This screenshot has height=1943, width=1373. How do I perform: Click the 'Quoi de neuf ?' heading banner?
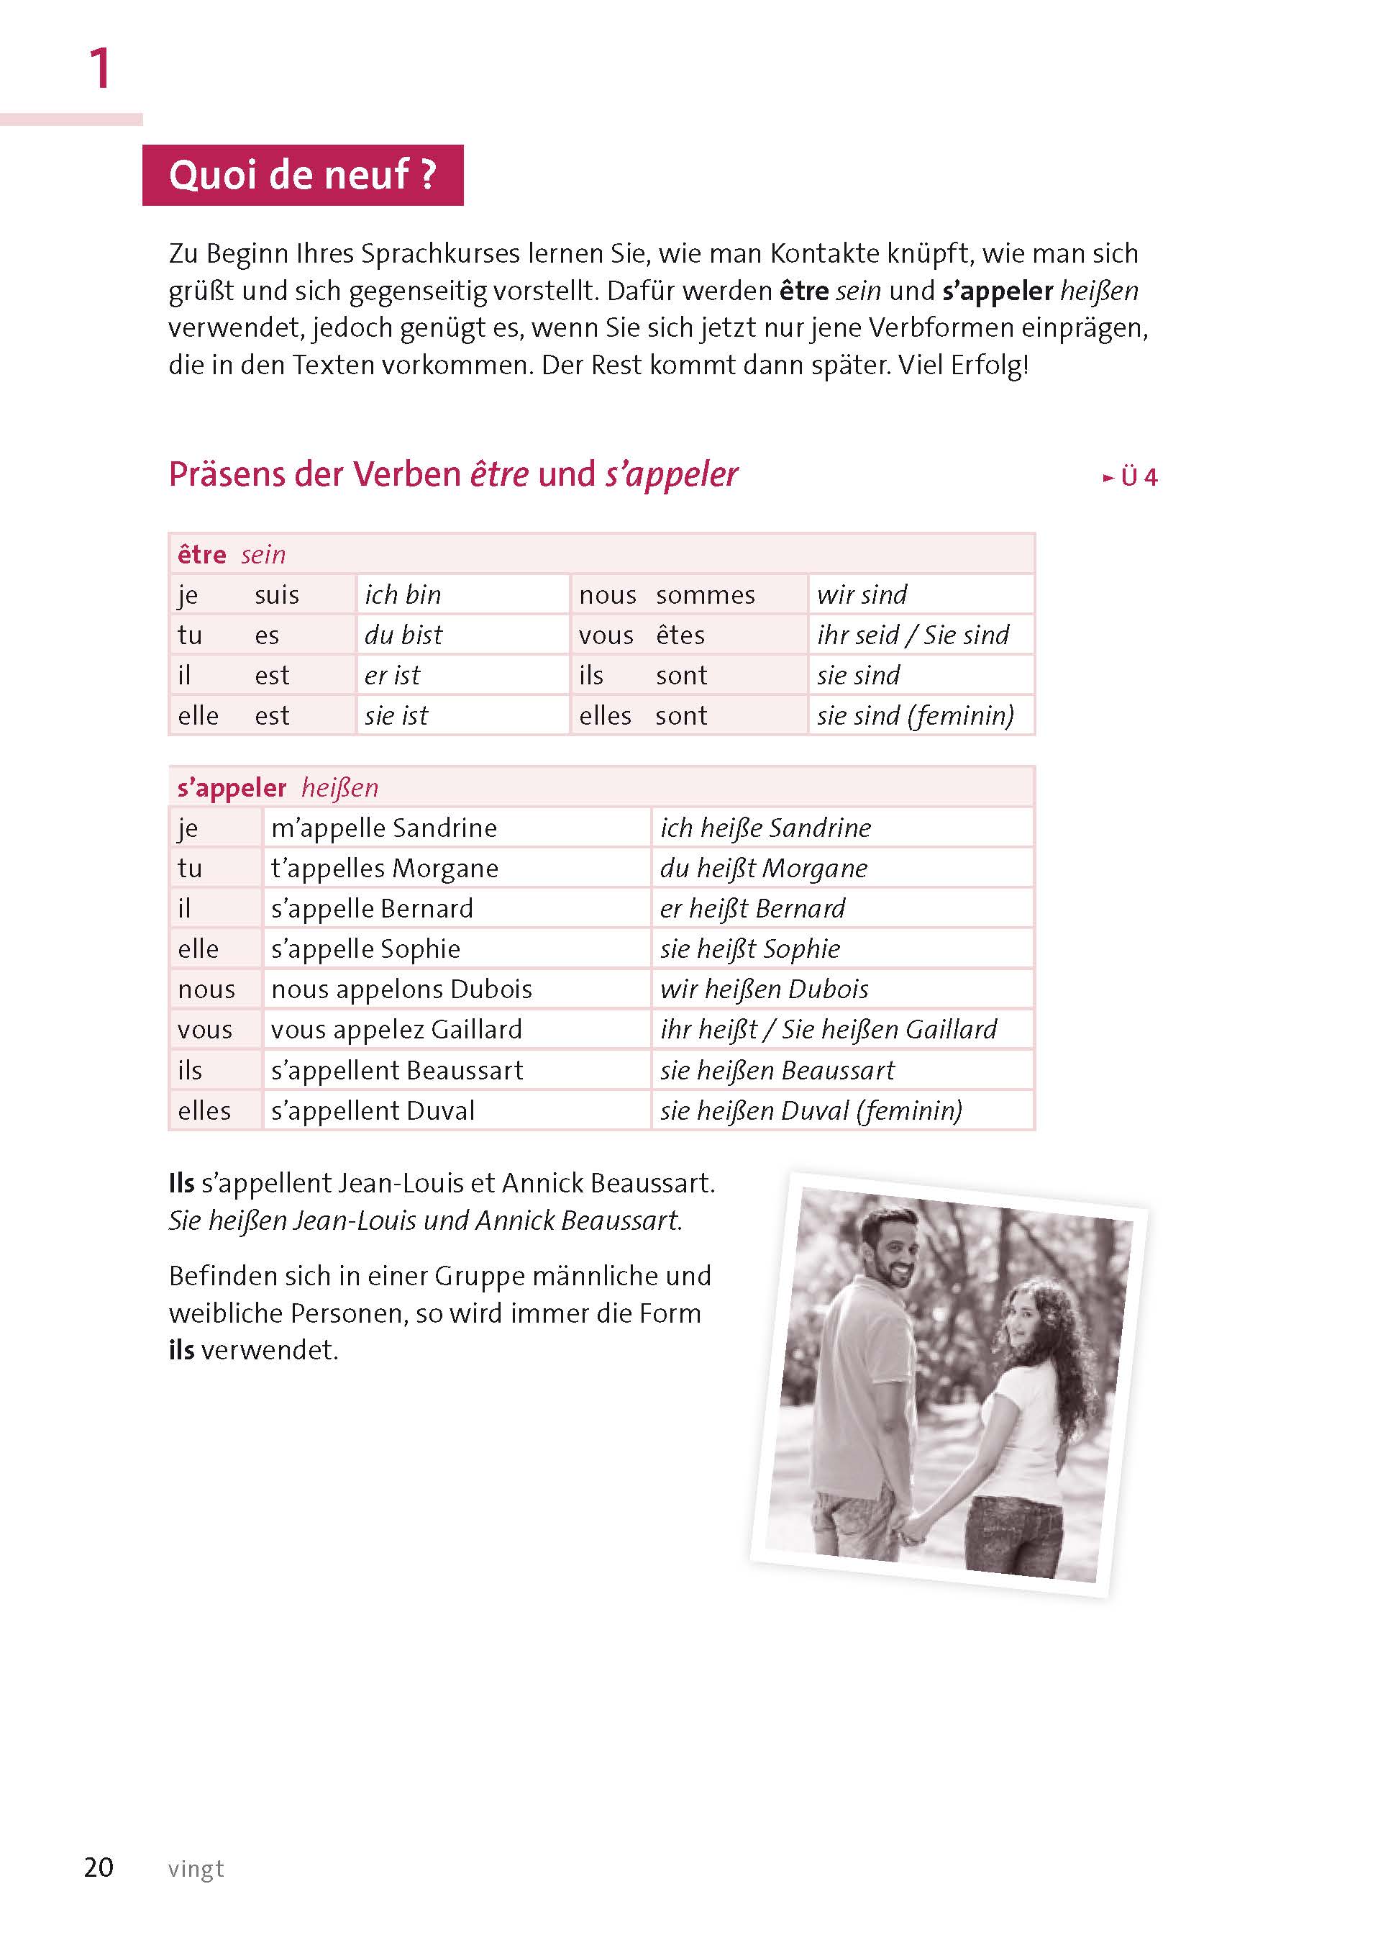[x=302, y=175]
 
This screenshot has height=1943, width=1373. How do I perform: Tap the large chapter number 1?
[x=100, y=68]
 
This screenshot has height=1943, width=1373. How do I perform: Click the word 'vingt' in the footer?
[x=196, y=1869]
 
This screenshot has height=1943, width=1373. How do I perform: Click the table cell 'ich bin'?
[x=403, y=595]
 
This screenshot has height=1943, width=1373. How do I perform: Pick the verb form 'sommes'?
[x=705, y=595]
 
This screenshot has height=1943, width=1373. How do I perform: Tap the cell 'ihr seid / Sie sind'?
[x=913, y=635]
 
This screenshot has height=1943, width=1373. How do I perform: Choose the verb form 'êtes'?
[x=680, y=635]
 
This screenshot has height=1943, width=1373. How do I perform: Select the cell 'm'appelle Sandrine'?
[x=384, y=828]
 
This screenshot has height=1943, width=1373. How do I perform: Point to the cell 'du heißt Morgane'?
[x=763, y=869]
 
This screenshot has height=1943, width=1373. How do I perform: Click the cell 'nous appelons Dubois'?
[x=401, y=989]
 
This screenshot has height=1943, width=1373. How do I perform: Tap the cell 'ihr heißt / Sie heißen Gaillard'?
[x=829, y=1030]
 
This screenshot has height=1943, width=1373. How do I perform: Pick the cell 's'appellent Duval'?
[x=373, y=1110]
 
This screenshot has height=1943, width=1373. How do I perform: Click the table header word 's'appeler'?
[x=232, y=788]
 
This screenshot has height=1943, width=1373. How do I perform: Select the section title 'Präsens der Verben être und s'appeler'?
[x=452, y=475]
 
